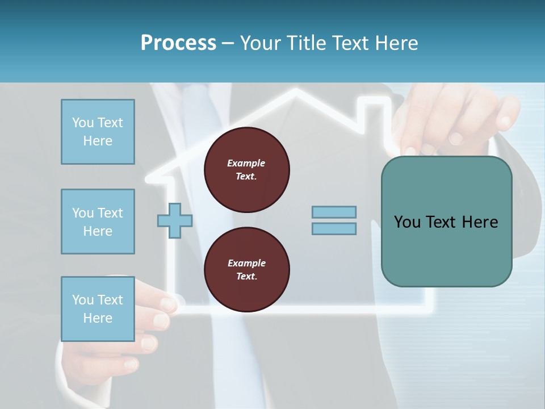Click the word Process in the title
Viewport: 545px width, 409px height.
(x=178, y=43)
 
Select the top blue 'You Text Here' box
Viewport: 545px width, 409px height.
(x=98, y=132)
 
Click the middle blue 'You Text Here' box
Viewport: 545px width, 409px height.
(x=98, y=222)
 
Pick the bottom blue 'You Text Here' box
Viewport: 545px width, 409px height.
(x=98, y=309)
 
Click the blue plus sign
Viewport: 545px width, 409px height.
(x=174, y=220)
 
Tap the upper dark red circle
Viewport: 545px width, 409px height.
(x=247, y=170)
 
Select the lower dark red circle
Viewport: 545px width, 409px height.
(x=247, y=270)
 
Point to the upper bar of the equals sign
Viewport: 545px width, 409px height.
(x=334, y=212)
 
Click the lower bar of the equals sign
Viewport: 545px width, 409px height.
(x=334, y=228)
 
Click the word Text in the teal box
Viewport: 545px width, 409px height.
(x=440, y=222)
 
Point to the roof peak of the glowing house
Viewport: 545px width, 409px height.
(x=295, y=91)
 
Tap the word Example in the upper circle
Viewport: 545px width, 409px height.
(x=246, y=163)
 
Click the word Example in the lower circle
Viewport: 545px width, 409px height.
(x=246, y=263)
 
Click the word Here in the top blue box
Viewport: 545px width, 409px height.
(x=98, y=141)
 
